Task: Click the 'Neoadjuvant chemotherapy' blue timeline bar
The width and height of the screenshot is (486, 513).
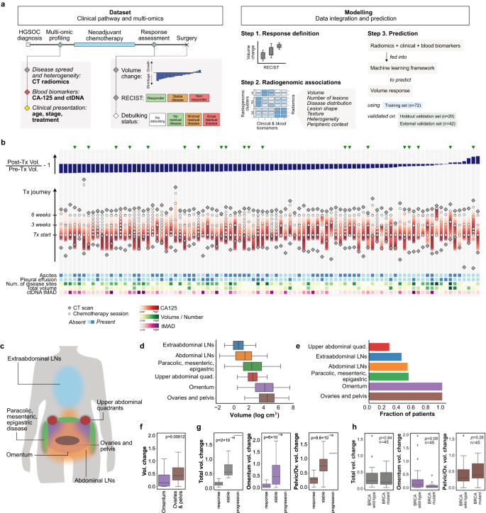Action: pyautogui.click(x=106, y=44)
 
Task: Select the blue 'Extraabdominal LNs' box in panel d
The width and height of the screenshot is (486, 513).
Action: pyautogui.click(x=238, y=345)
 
